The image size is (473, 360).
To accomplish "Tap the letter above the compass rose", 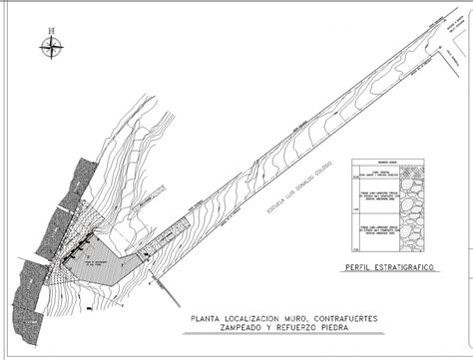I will [x=50, y=30].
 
